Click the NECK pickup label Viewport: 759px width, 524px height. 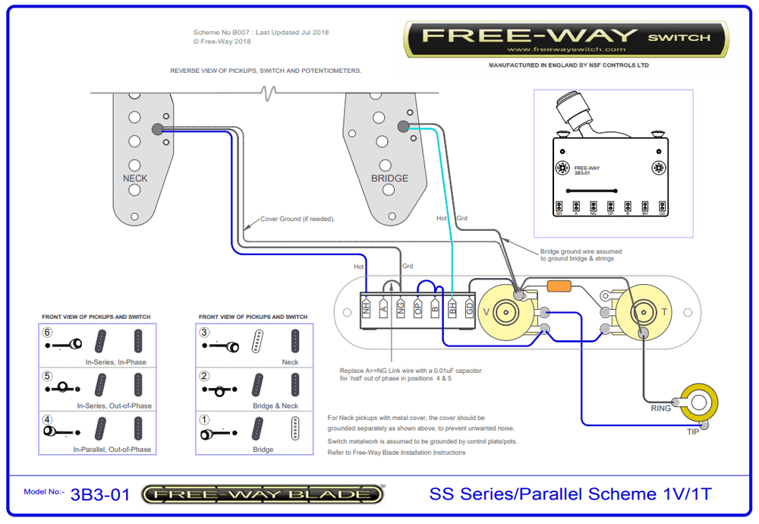pyautogui.click(x=135, y=178)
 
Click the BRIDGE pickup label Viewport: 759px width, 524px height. pyautogui.click(x=389, y=178)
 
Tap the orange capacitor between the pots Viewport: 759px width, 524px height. pyautogui.click(x=559, y=286)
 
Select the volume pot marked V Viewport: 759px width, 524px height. pyautogui.click(x=505, y=311)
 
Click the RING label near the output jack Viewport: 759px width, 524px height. pyautogui.click(x=660, y=408)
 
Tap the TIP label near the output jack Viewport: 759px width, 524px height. pyautogui.click(x=693, y=431)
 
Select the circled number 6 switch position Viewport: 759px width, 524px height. pyautogui.click(x=48, y=333)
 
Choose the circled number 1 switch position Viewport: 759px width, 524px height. pyautogui.click(x=204, y=419)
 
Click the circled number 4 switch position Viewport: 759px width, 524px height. pyautogui.click(x=48, y=419)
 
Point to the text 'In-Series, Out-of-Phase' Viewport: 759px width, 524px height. pyautogui.click(x=114, y=406)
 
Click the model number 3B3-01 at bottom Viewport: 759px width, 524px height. pyautogui.click(x=100, y=495)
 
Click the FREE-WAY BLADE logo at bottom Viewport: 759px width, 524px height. pyautogui.click(x=263, y=495)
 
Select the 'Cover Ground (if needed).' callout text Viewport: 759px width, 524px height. pyautogui.click(x=298, y=219)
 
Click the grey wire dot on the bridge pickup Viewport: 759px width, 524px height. pyautogui.click(x=402, y=127)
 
